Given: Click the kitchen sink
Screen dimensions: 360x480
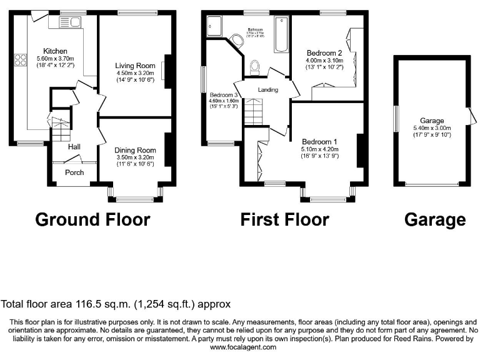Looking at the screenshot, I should point(68,23).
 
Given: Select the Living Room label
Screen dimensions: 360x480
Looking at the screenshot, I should point(134,65).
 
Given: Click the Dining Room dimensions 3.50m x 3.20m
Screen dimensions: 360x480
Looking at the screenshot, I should point(134,157).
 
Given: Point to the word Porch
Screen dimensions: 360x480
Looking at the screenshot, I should point(74,172).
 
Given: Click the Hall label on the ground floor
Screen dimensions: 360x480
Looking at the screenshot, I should point(74,147).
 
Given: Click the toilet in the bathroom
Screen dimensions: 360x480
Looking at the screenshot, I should point(254,66).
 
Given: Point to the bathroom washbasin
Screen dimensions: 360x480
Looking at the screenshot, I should point(237,42).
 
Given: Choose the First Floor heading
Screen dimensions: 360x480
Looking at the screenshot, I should point(284,219).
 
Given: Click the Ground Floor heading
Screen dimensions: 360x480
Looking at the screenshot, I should point(92,219).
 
